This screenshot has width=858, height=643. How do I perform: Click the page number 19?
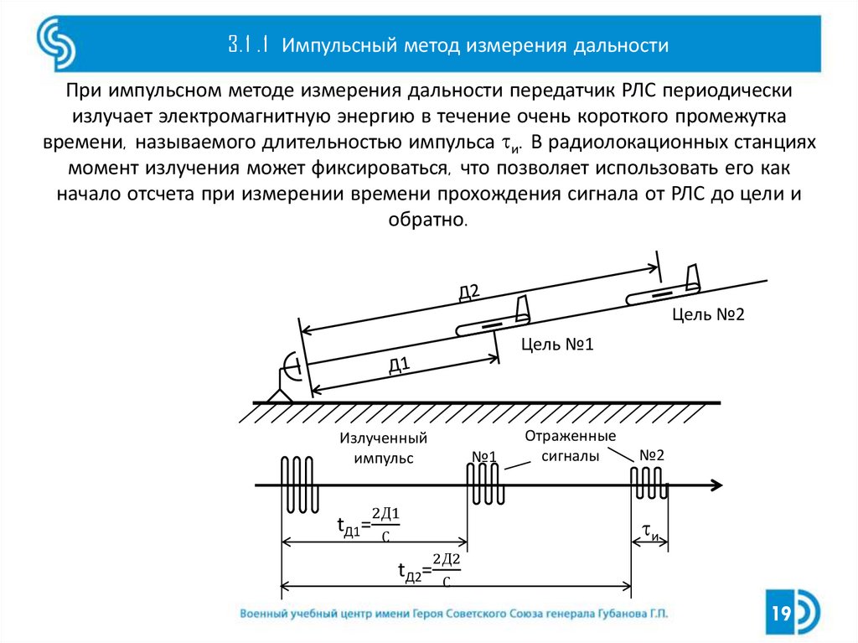click(x=781, y=614)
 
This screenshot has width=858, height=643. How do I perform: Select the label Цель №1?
click(x=556, y=344)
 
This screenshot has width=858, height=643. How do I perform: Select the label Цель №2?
click(x=707, y=314)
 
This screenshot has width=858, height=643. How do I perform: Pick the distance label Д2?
click(x=468, y=292)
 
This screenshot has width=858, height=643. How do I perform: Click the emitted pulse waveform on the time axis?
click(x=297, y=485)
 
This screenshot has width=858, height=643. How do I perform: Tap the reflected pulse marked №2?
click(x=649, y=483)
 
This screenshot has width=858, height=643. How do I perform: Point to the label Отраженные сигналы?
click(x=571, y=447)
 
